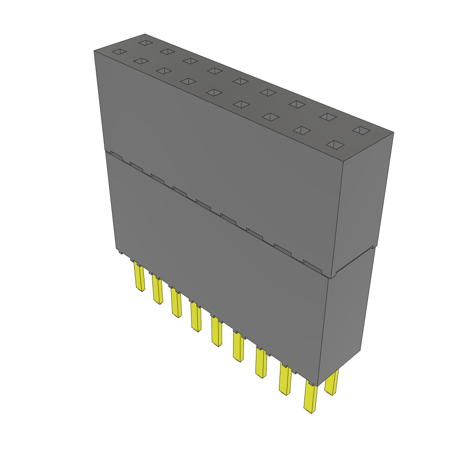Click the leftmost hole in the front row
tap(119, 52)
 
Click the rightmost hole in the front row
tap(336, 145)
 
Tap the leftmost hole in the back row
tap(145, 43)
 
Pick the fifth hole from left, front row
tap(215, 92)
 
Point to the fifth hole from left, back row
tap(240, 81)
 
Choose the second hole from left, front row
tap(140, 61)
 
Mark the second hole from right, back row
tap(328, 117)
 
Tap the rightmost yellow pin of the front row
tap(310, 398)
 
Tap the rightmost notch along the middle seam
tap(312, 267)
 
